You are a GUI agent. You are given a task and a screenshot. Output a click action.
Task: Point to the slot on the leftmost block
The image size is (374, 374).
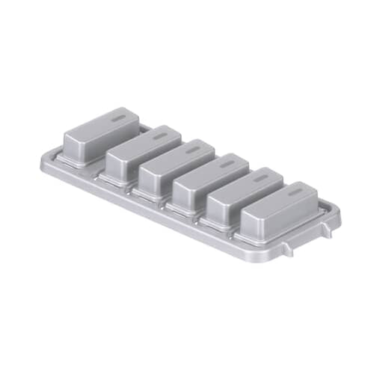click(x=118, y=118)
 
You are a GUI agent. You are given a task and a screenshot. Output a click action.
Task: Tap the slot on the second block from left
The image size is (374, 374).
click(x=161, y=136)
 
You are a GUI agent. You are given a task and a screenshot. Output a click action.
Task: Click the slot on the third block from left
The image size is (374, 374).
click(x=194, y=150)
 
